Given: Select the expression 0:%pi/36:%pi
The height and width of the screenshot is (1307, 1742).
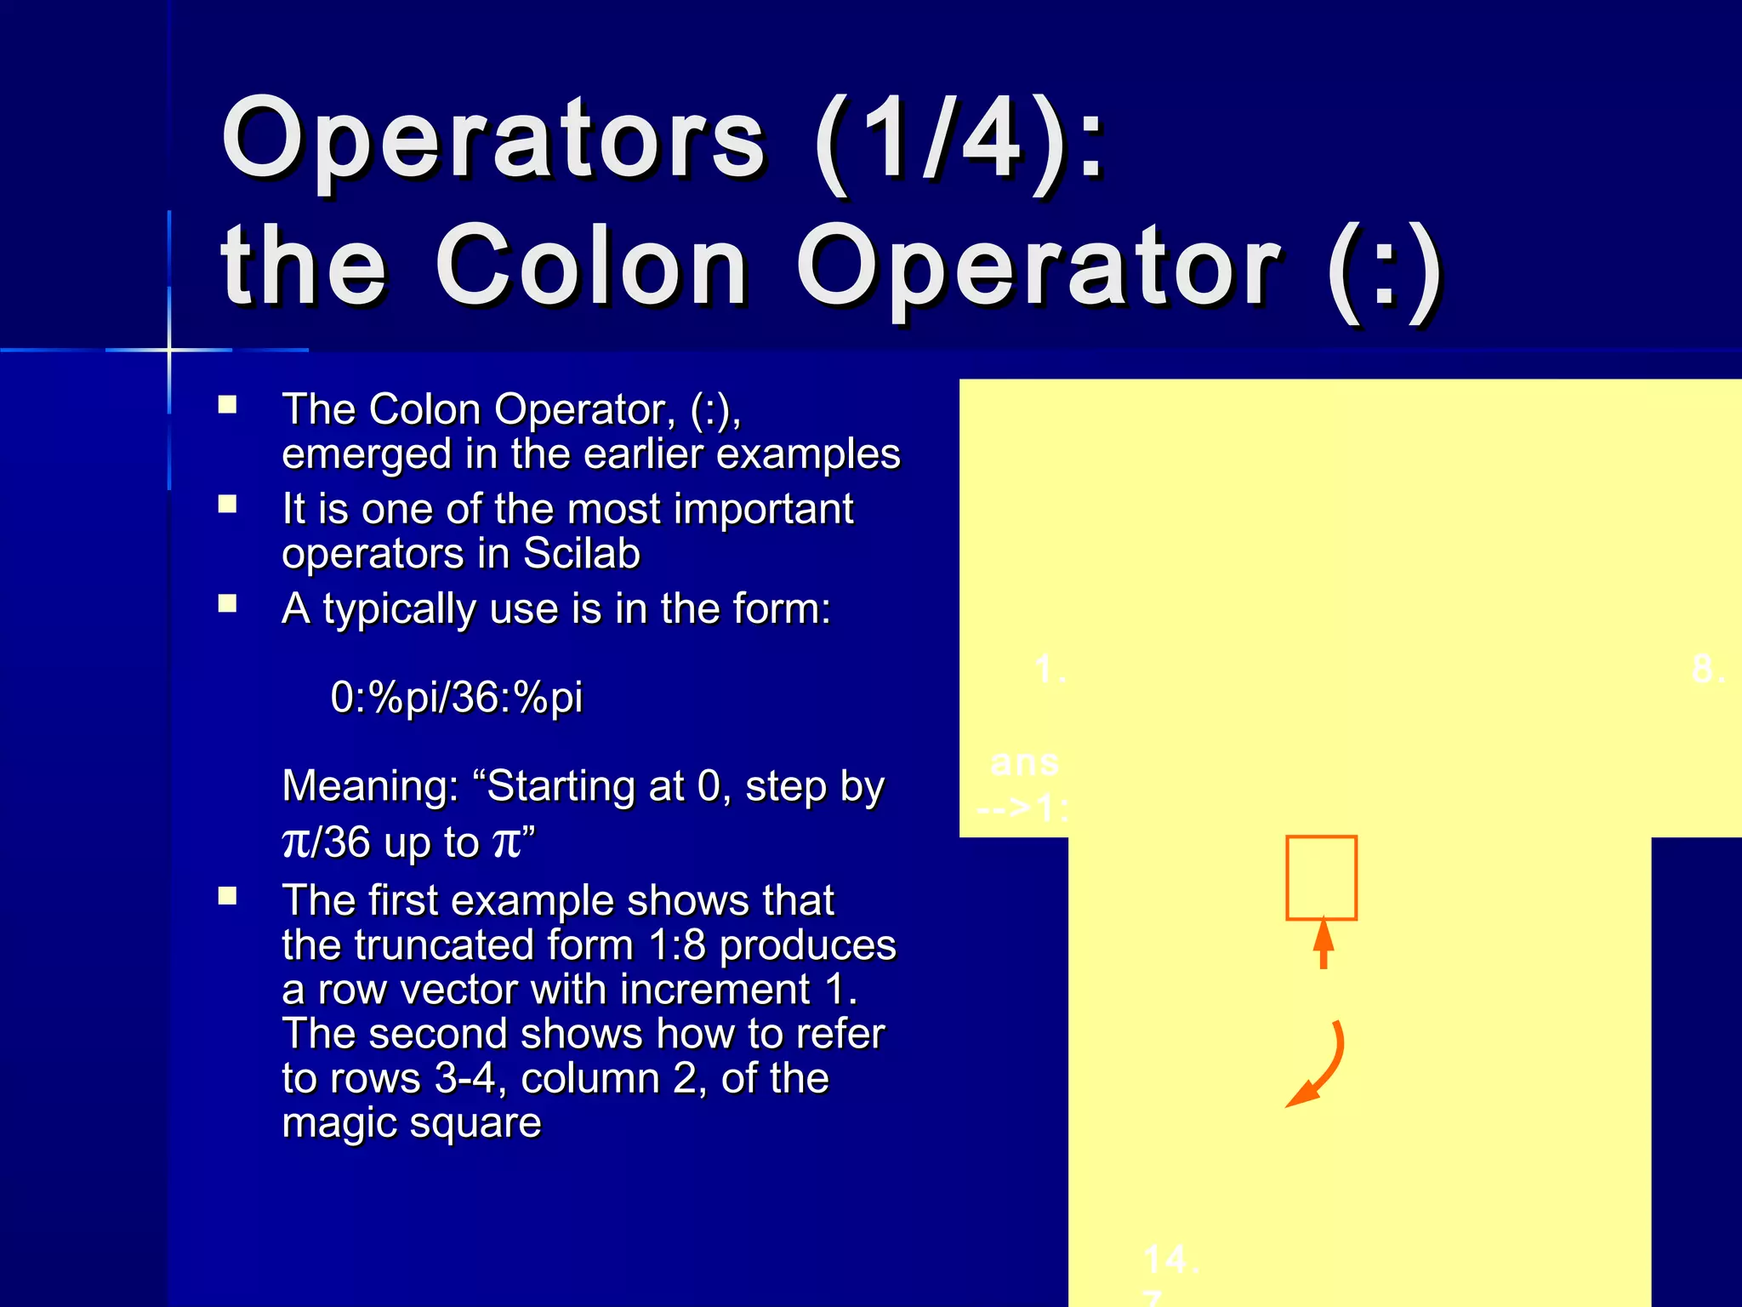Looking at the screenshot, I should tap(456, 697).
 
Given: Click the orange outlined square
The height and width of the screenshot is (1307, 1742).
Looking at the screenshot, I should tap(1321, 877).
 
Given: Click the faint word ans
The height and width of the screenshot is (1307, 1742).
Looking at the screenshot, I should tap(1025, 762).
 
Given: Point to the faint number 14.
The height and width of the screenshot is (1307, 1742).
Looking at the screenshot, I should tap(1170, 1259).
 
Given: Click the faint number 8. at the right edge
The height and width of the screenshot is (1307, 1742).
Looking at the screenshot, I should tap(1708, 669).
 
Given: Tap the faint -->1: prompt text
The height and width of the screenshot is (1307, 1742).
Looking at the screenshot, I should tap(1022, 807).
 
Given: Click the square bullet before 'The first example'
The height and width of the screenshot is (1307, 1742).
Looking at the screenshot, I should tap(227, 897).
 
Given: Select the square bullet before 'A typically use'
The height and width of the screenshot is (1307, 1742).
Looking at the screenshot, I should tap(227, 604).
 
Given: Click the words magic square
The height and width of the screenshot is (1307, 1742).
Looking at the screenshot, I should tap(412, 1123).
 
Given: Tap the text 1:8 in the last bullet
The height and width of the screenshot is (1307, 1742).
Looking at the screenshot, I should tap(676, 945).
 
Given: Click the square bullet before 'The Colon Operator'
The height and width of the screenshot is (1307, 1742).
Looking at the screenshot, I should tap(227, 404).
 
